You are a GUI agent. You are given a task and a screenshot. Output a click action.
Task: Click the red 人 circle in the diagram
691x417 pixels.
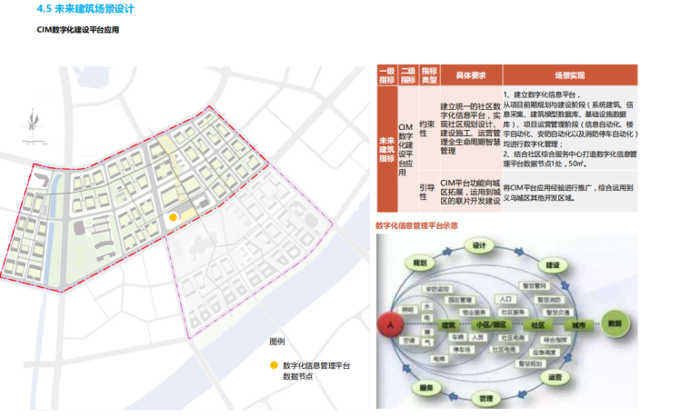click(x=389, y=324)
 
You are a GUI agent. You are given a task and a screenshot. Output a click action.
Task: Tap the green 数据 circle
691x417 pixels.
click(x=615, y=323)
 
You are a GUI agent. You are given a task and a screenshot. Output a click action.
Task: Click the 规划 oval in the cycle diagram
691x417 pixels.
click(x=419, y=263)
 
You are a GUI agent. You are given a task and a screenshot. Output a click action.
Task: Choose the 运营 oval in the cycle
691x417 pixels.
click(x=553, y=376)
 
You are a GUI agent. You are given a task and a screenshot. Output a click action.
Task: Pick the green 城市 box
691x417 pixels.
click(x=578, y=324)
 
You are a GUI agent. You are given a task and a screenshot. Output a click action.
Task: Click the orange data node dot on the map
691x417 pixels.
click(x=173, y=217)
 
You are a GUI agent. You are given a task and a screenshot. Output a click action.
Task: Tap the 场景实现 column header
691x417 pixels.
click(x=569, y=74)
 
